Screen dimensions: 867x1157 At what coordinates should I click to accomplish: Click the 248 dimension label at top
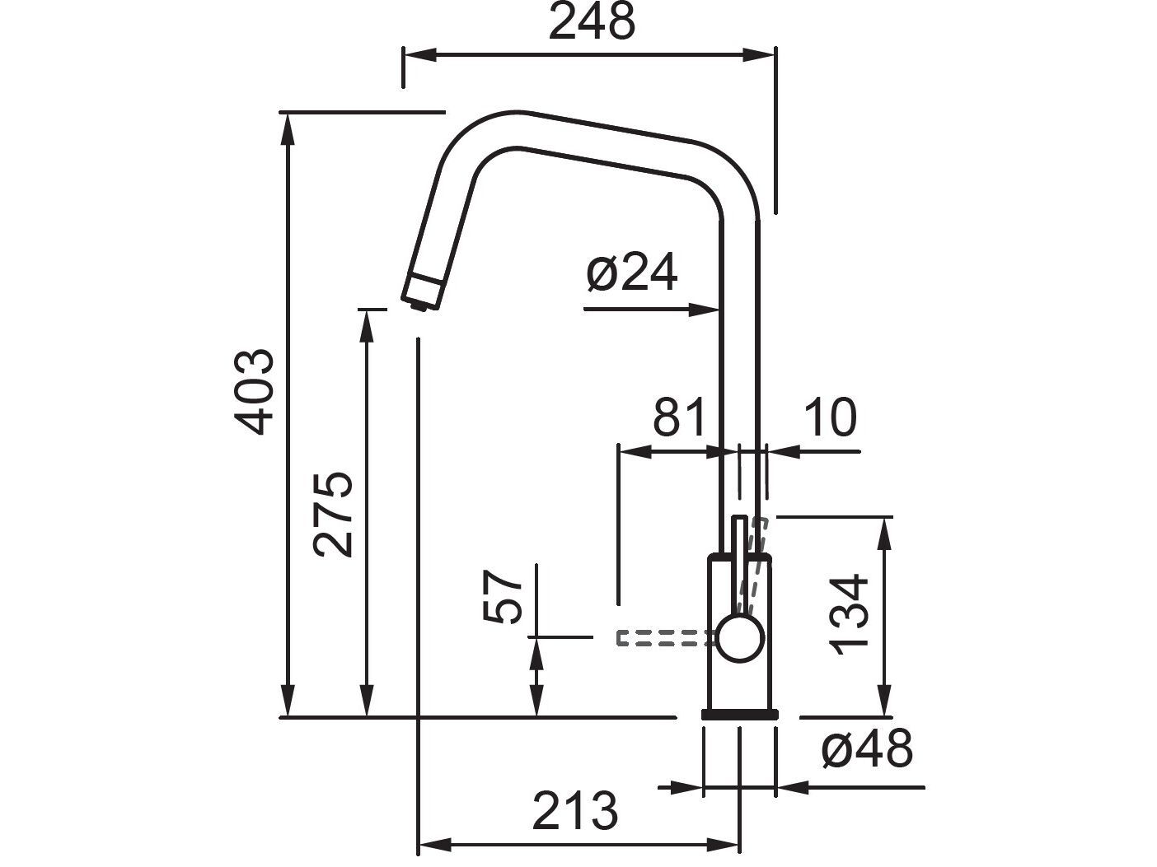tap(591, 23)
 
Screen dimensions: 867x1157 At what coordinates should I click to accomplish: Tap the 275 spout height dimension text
tap(335, 515)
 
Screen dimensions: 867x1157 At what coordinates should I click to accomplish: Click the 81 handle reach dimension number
tap(679, 417)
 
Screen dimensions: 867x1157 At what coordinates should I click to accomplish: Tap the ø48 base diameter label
tap(867, 750)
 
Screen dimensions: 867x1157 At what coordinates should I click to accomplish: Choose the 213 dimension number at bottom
tap(574, 812)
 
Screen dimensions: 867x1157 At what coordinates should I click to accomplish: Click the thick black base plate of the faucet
tap(739, 714)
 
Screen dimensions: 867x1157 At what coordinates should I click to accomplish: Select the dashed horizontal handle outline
tap(663, 637)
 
